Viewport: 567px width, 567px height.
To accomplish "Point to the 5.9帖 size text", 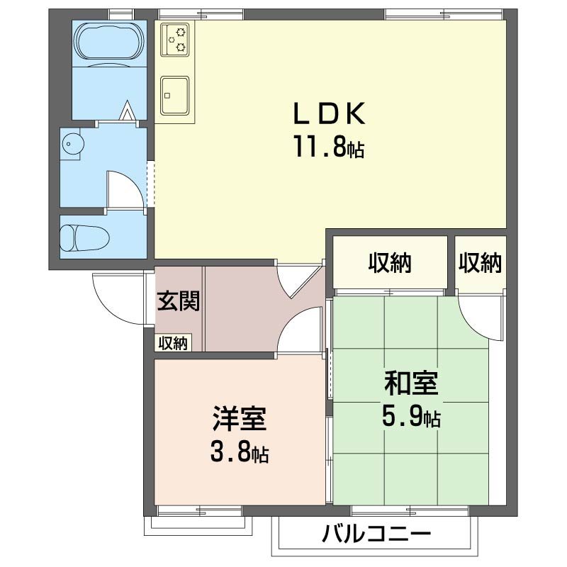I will coord(411,416).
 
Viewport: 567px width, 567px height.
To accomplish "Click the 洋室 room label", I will coord(240,419).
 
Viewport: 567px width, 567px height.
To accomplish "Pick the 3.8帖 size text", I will coord(240,451).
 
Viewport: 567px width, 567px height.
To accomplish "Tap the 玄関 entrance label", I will coord(178,301).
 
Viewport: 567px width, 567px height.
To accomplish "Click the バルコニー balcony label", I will coord(376,535).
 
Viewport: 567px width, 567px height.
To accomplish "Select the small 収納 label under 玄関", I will coord(172,344).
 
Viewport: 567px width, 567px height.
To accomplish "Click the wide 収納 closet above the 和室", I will coord(389,263).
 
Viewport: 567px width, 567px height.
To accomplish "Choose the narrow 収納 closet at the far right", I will coord(480,263).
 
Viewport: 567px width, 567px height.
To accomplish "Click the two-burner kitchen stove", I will coord(176,39).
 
